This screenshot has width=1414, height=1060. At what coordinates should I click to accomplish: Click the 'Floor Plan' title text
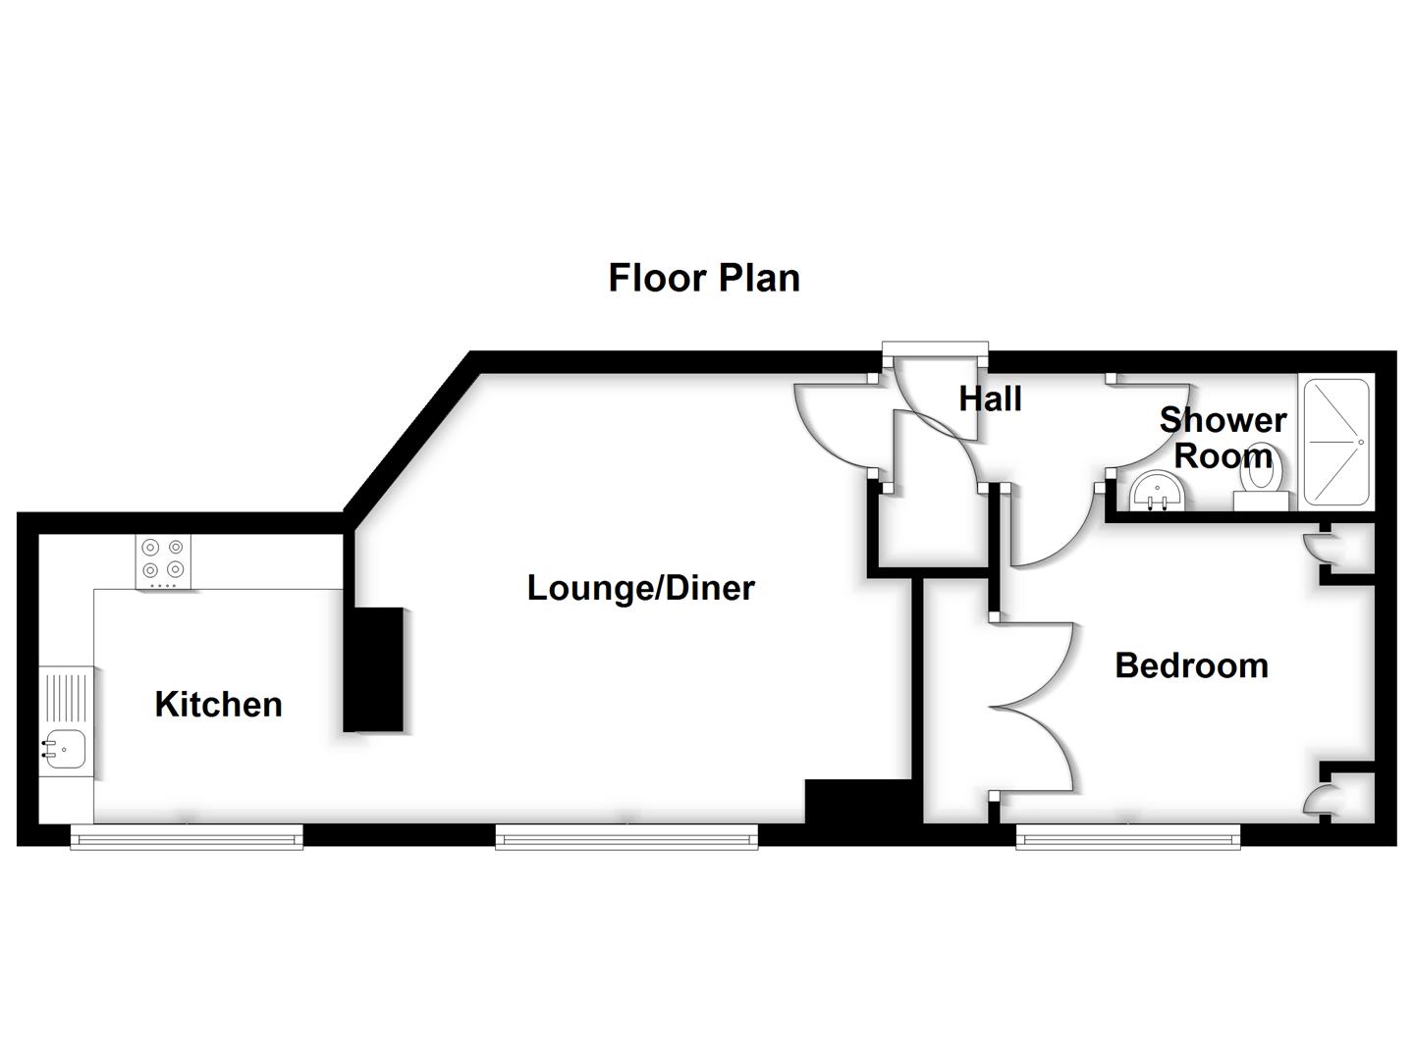point(703,278)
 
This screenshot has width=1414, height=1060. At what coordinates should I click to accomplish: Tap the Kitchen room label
point(218,704)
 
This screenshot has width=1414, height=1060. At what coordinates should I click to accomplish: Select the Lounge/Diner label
point(640,588)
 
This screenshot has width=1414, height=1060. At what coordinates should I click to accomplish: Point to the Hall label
point(990,399)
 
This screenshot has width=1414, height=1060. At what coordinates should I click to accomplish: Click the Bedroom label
point(1191,665)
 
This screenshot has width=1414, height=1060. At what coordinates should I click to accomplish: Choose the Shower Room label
point(1222,438)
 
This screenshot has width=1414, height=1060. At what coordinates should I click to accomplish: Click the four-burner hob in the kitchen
point(163,560)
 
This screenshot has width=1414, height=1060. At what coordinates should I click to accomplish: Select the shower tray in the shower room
point(1335,442)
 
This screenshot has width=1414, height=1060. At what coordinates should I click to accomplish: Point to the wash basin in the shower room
point(1158,492)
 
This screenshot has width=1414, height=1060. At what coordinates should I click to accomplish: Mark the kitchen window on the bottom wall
point(187,836)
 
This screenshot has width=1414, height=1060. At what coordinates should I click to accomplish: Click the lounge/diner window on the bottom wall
point(626,836)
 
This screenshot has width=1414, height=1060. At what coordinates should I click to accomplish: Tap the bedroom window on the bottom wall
point(1127,836)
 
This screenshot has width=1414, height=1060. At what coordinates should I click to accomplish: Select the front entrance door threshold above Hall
point(935,347)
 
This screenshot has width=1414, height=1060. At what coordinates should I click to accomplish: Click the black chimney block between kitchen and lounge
point(374,669)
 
